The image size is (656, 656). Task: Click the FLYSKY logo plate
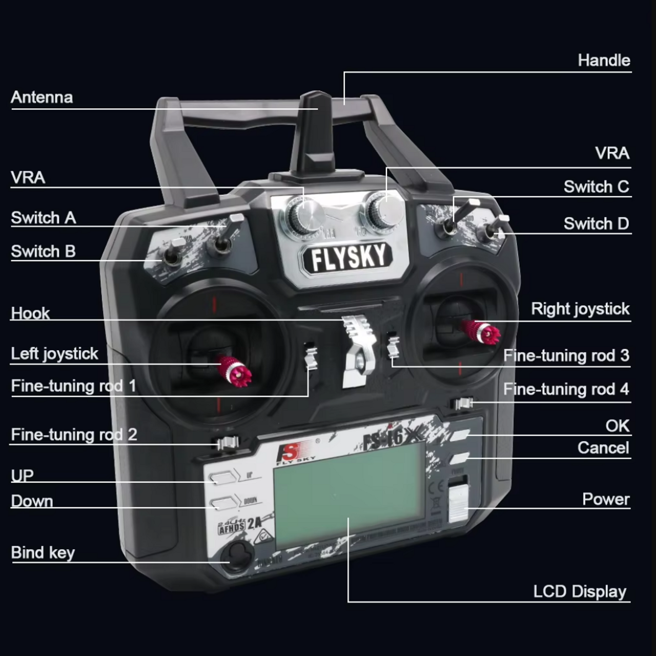(x=348, y=257)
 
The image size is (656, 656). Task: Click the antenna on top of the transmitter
(x=314, y=128)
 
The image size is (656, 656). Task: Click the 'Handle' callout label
(x=604, y=61)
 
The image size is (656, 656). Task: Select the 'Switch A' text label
(x=44, y=218)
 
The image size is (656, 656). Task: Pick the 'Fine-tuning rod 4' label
(x=566, y=389)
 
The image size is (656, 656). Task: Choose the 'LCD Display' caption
(x=580, y=591)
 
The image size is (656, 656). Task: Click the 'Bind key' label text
(x=43, y=552)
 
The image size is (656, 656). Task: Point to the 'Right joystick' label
(x=580, y=309)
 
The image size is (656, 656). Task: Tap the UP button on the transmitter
(x=221, y=478)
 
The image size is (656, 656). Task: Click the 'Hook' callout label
(x=31, y=313)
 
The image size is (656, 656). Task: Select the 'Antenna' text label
(x=42, y=97)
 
